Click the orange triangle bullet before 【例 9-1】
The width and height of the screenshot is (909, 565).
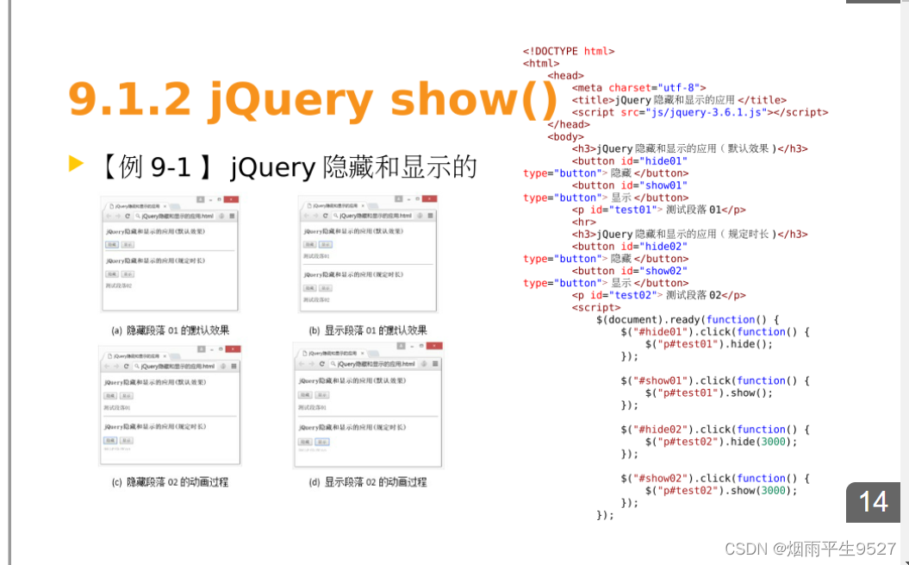tap(76, 163)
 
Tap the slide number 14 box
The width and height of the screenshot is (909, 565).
tap(873, 501)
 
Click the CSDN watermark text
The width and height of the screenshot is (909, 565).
tap(810, 549)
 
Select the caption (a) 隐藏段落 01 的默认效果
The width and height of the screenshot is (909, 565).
tap(171, 330)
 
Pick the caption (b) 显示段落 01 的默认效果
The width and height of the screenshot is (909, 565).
tap(368, 330)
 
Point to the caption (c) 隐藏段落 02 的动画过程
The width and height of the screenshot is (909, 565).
tap(171, 482)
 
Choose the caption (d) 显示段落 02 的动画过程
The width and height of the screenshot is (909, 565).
tap(368, 482)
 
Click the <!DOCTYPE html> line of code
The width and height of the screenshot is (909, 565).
tap(569, 51)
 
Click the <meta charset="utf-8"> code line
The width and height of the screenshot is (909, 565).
tap(638, 88)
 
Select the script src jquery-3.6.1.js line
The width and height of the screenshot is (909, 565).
tap(700, 112)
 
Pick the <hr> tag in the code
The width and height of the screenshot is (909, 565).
tap(583, 222)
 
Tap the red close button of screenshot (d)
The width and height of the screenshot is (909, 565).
tap(433, 347)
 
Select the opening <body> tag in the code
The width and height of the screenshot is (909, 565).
tap(565, 136)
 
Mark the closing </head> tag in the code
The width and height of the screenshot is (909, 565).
tap(568, 124)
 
